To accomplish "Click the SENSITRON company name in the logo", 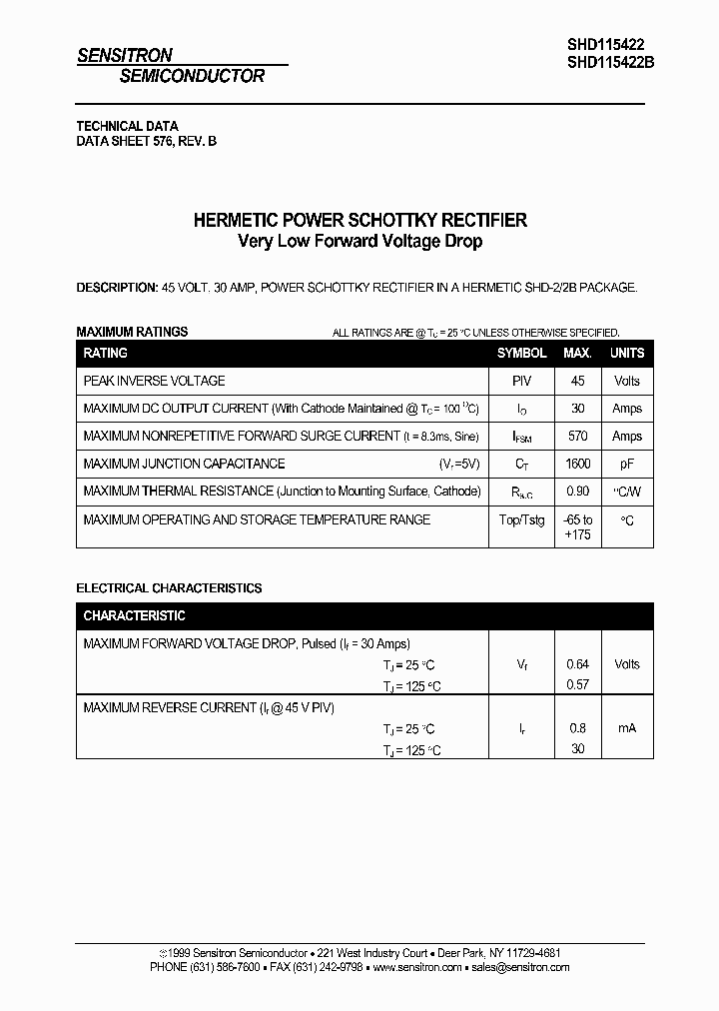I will point(125,56).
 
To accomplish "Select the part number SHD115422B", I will point(610,60).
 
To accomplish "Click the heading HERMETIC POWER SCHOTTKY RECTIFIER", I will point(359,220).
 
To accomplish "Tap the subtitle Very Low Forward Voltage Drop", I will point(359,242).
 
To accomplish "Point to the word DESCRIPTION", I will point(116,288).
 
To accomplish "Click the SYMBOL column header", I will point(521,353).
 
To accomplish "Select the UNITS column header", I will point(627,353).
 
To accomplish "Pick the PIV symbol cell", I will point(521,381).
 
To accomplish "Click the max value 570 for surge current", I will point(577,437).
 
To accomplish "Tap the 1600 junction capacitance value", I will point(577,464).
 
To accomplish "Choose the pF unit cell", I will point(627,464).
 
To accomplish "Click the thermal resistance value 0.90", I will point(577,492).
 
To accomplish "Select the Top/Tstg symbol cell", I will point(521,520).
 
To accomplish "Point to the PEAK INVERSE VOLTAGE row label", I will point(154,381).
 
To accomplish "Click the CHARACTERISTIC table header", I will point(134,616).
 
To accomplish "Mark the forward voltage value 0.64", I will point(577,664).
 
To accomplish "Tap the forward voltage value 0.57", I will point(577,685).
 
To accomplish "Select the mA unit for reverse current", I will point(627,728).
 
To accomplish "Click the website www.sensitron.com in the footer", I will point(417,967).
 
